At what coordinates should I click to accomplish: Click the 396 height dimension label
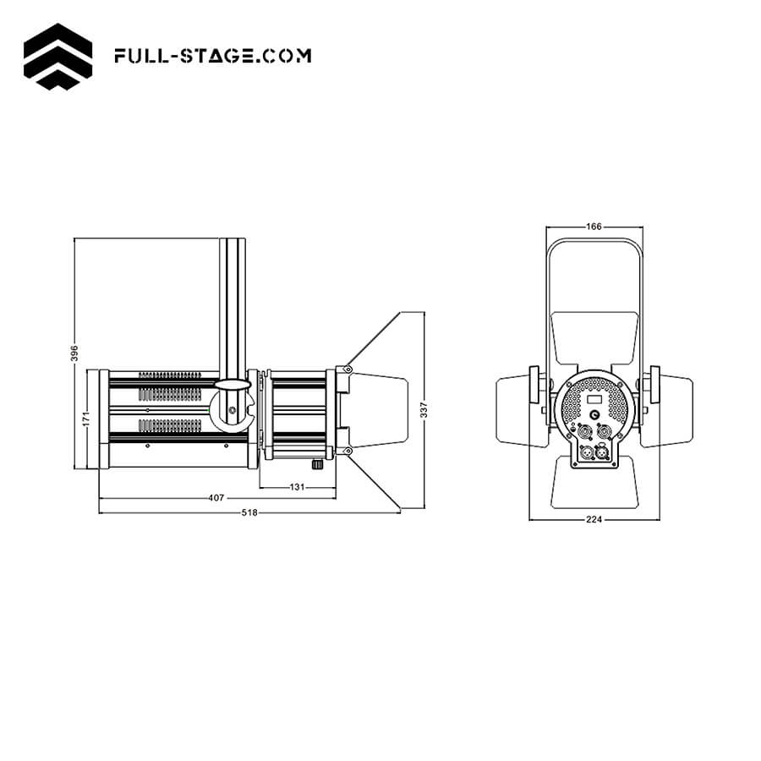(x=74, y=352)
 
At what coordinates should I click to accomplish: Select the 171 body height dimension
(x=86, y=419)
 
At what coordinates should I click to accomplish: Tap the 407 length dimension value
(x=216, y=498)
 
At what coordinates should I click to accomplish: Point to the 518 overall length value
(x=249, y=512)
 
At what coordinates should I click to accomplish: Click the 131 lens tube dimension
(x=297, y=486)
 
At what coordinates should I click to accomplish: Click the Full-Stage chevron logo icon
(x=58, y=56)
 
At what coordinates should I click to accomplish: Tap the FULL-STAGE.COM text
(x=212, y=56)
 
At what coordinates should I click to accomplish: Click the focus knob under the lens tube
(x=317, y=464)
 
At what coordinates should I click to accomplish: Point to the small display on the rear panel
(x=594, y=399)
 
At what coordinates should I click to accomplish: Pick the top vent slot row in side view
(x=173, y=374)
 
